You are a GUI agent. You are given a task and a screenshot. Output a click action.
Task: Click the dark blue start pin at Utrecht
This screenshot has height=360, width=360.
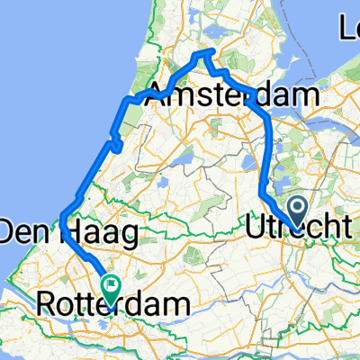pyautogui.click(x=299, y=212)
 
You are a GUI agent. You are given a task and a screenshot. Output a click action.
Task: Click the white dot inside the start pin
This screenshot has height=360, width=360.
pyautogui.click(x=299, y=209)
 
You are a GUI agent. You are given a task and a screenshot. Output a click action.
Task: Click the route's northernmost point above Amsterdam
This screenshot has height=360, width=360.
pyautogui.click(x=205, y=51)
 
